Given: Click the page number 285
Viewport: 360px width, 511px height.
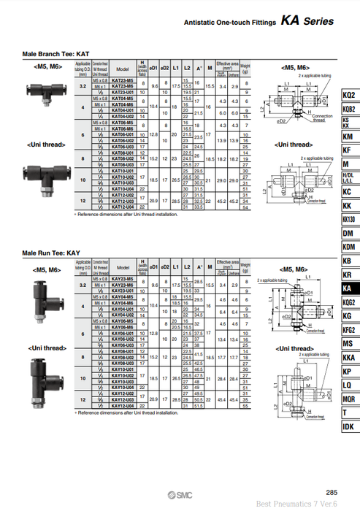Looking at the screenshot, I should tap(332, 491).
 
